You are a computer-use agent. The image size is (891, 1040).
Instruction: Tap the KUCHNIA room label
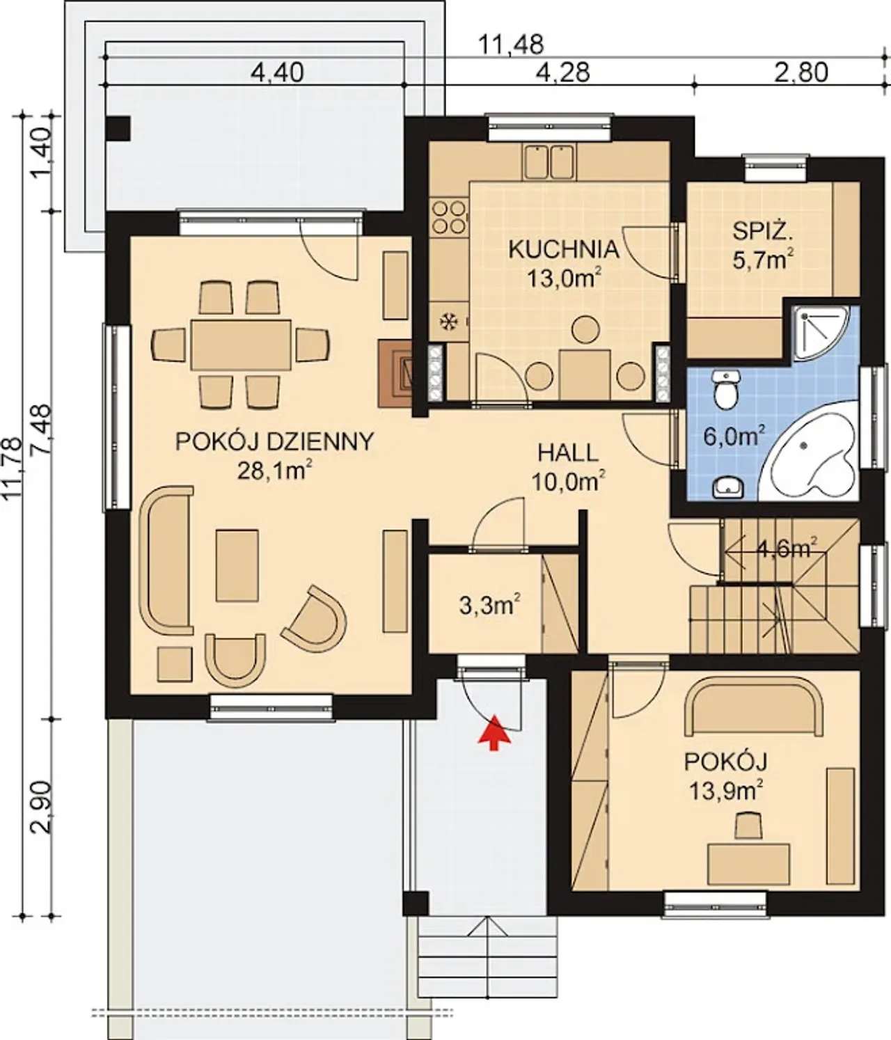[x=564, y=250]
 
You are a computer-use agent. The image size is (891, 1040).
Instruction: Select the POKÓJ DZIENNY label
[x=275, y=442]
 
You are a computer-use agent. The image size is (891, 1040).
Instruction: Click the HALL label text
[x=569, y=453]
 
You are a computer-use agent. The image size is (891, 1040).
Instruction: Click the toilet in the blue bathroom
[x=725, y=388]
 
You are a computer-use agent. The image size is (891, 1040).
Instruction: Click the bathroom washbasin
[x=728, y=487]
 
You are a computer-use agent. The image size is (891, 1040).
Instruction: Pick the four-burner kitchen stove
[x=449, y=217]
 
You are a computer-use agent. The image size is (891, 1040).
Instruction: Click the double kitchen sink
[x=549, y=161]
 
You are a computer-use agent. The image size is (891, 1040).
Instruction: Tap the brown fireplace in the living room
[x=395, y=373]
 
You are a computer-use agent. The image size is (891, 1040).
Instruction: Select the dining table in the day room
[x=240, y=345]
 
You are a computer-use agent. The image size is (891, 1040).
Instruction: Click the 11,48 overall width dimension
[x=511, y=45]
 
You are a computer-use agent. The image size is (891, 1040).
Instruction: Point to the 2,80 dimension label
[x=801, y=74]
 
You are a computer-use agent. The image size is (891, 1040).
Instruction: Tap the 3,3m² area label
[x=489, y=606]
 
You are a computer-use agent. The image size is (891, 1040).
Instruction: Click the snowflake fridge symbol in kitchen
[x=447, y=322]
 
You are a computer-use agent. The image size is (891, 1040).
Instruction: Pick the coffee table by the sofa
[x=237, y=565]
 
